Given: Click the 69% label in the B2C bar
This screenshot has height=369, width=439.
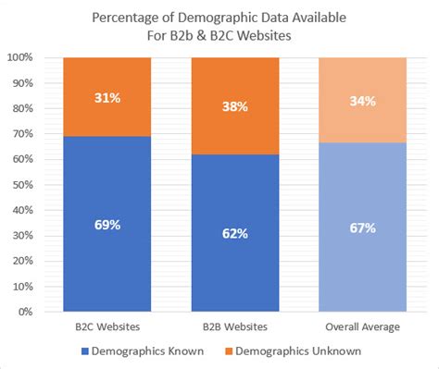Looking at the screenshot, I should click(107, 224).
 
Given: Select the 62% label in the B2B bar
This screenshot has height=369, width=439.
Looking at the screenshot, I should click(234, 233).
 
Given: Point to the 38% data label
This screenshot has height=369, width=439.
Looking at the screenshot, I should click(234, 105).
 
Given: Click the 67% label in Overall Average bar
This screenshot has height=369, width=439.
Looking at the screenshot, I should click(362, 228).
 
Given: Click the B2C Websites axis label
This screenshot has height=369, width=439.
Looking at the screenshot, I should click(107, 326).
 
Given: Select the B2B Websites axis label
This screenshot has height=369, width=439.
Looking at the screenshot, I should click(234, 326).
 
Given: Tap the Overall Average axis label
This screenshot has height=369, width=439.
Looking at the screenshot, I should click(362, 326).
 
